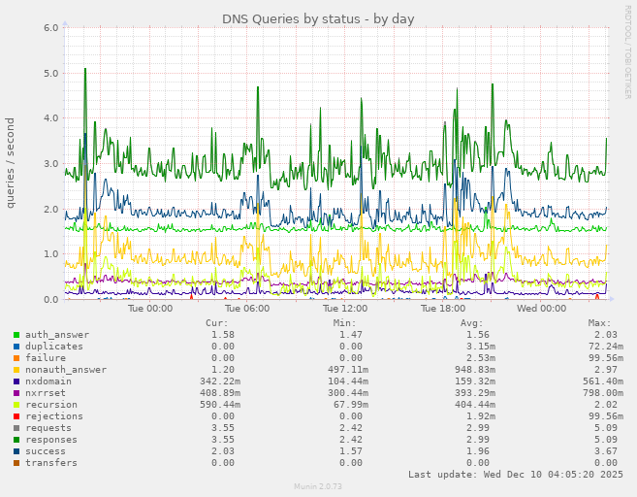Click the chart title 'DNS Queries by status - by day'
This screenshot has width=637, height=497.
click(x=318, y=18)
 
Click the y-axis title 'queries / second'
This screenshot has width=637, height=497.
click(x=11, y=162)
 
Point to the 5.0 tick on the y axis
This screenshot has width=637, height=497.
click(x=51, y=73)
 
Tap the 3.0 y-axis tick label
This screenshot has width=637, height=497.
click(x=51, y=163)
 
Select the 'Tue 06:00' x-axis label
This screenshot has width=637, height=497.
click(x=247, y=309)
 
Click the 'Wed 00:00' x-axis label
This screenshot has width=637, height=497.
click(x=541, y=309)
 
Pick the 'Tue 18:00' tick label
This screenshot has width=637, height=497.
click(x=443, y=309)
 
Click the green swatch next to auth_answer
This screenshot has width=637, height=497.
click(x=16, y=335)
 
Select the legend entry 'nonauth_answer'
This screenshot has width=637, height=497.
click(x=65, y=370)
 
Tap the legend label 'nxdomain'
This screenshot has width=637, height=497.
click(x=48, y=381)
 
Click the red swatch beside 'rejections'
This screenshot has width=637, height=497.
click(x=16, y=416)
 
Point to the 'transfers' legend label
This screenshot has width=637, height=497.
click(x=51, y=463)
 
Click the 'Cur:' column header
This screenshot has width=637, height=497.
click(x=217, y=323)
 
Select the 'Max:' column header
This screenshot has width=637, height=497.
click(x=599, y=323)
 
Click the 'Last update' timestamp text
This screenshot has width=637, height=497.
click(x=515, y=475)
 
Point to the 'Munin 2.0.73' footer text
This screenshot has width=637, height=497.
click(x=318, y=486)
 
